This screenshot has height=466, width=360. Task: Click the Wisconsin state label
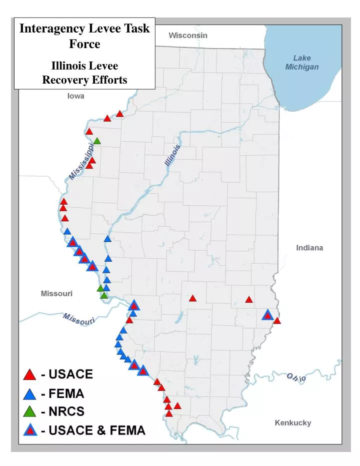click(187, 36)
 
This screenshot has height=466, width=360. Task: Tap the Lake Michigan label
click(302, 63)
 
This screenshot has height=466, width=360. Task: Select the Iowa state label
click(76, 96)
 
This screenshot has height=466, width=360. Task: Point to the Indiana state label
click(309, 248)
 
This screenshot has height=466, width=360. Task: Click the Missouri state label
click(56, 293)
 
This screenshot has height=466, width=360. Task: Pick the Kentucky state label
click(293, 423)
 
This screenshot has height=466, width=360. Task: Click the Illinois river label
click(172, 156)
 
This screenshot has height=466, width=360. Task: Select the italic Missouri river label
click(79, 319)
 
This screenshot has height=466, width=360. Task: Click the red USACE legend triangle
click(30, 374)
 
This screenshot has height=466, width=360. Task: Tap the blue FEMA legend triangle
click(30, 393)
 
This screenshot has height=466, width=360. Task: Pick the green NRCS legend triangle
click(30, 412)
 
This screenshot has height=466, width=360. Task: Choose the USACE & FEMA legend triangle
click(30, 430)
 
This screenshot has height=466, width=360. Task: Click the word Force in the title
click(84, 44)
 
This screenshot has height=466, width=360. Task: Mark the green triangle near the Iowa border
click(97, 141)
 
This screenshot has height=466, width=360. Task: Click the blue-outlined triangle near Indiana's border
click(267, 315)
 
